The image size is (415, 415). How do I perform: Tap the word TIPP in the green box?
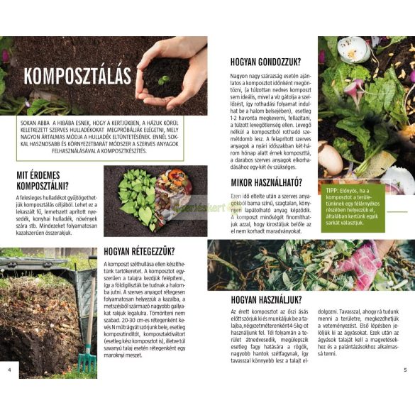click(331, 191)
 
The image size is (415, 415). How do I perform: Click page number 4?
click(9, 370)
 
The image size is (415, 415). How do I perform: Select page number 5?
click(405, 370)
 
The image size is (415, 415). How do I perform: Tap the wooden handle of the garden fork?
click(91, 312)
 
